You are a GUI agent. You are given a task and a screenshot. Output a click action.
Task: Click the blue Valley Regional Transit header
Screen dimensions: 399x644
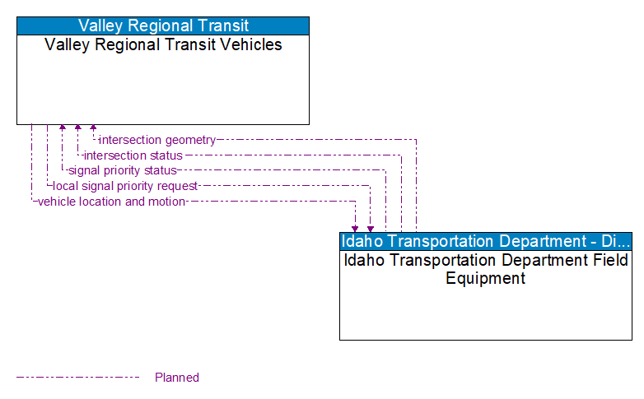(163, 26)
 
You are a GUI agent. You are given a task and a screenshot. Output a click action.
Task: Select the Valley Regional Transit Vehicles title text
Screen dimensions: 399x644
(163, 45)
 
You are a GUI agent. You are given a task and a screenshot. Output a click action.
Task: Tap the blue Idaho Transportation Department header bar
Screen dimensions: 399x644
(486, 241)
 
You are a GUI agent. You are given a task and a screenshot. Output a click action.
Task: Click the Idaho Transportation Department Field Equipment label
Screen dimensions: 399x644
(486, 269)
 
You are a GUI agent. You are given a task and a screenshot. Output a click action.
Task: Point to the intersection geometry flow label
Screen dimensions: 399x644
(157, 140)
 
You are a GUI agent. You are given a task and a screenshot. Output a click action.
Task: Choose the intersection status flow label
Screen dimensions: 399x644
(133, 155)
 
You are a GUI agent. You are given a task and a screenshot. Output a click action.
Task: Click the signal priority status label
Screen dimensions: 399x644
(123, 170)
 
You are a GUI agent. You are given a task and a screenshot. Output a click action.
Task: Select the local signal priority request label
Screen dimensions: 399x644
(125, 186)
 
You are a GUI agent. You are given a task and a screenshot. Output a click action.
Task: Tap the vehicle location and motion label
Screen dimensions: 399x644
(111, 202)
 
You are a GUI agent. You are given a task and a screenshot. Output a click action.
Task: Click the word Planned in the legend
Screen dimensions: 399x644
(177, 378)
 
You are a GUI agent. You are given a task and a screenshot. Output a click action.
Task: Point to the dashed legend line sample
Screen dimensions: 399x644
(78, 378)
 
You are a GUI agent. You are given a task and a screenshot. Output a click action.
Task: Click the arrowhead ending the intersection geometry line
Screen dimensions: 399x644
(93, 128)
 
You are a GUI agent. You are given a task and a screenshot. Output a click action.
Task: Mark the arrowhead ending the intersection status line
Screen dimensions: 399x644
(77, 128)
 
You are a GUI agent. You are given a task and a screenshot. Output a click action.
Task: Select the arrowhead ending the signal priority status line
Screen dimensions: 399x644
(63, 128)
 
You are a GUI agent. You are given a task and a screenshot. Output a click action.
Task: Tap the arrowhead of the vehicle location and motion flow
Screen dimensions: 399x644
(355, 229)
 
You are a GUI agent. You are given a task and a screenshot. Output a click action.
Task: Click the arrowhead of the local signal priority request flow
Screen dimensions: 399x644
(371, 229)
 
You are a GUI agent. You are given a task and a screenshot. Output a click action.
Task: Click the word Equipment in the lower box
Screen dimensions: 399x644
(485, 278)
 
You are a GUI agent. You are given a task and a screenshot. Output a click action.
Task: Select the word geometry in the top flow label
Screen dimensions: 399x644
(189, 140)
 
